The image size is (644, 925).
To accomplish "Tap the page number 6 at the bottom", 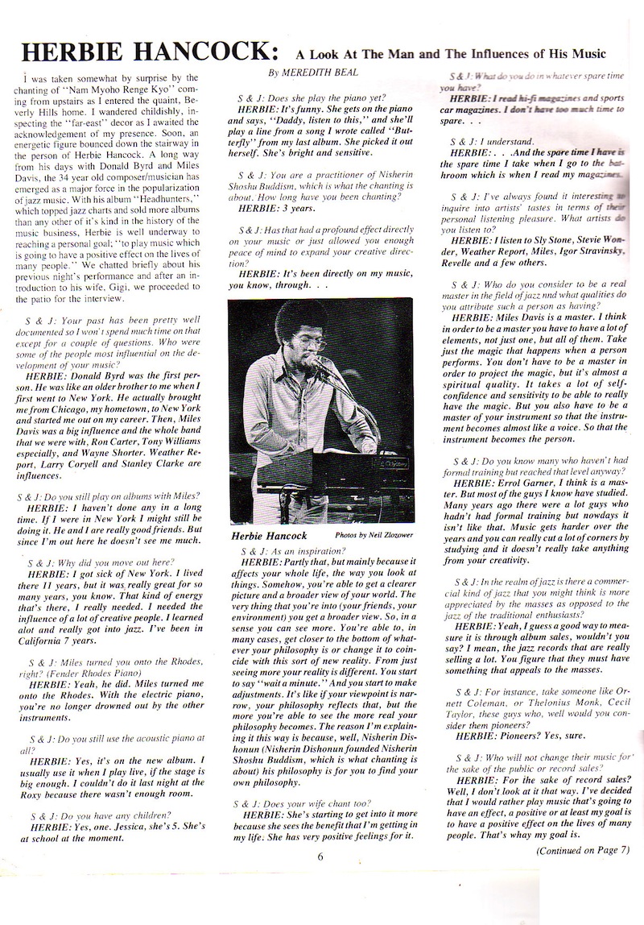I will point(320,856).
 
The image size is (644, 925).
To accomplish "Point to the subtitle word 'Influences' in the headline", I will point(506,53).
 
